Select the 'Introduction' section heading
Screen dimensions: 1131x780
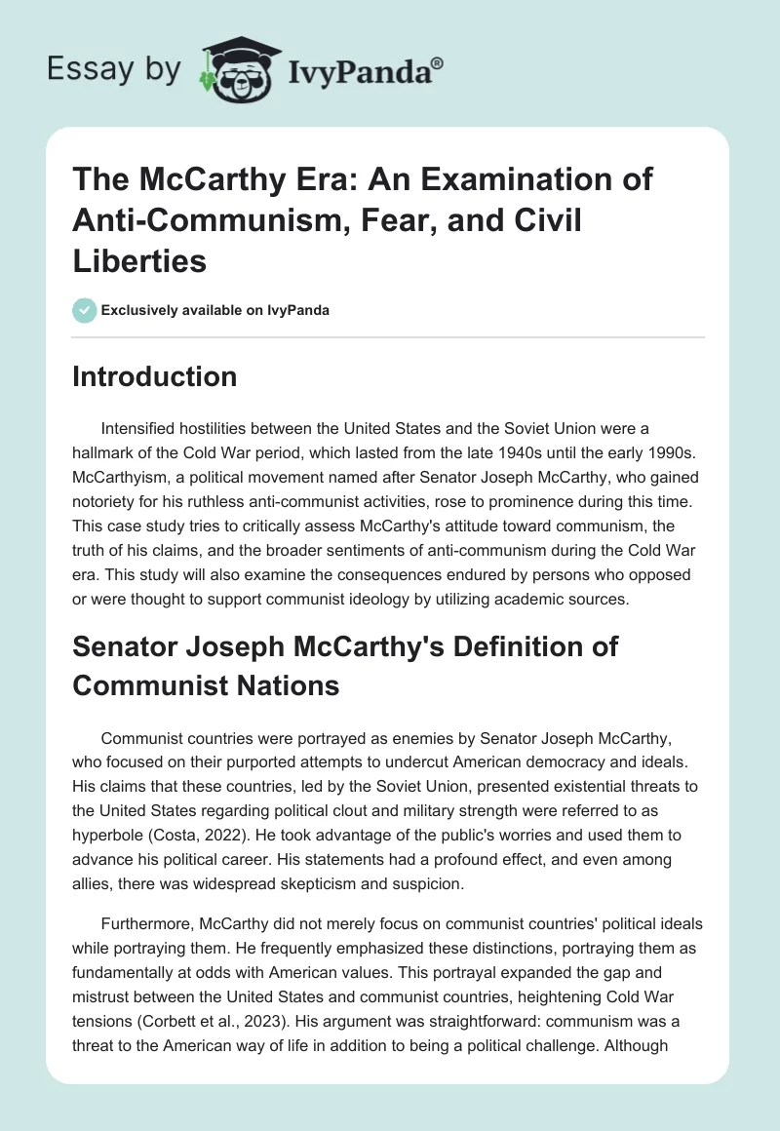point(154,377)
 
